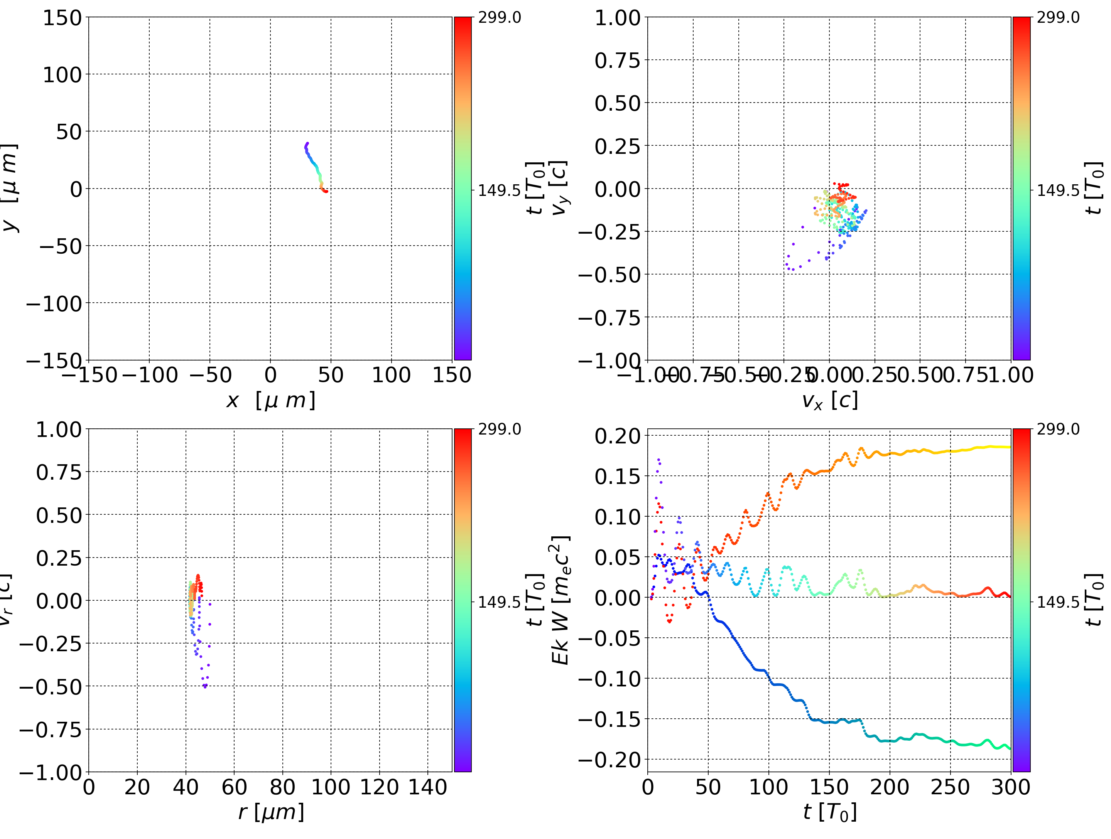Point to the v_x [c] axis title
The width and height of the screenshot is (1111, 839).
829,401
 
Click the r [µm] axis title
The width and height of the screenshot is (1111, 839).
271,812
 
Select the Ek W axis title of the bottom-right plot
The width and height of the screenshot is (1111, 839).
560,600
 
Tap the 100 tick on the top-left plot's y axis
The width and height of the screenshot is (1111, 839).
62,75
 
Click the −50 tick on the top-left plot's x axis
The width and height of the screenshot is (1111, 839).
210,375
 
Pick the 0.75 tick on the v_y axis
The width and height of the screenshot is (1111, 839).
617,60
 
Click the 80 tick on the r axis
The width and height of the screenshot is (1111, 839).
282,787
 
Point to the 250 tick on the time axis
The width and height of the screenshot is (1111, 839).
950,787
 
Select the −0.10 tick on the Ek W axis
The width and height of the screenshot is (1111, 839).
609,679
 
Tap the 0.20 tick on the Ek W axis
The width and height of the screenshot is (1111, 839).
617,436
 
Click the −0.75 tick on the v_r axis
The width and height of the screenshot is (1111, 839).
50,729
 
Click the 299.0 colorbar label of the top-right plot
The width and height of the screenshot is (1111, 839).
1058,18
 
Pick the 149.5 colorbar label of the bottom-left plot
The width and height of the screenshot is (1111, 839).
499,602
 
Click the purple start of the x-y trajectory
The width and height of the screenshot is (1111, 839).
307,144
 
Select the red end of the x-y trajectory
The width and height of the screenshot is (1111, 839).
326,191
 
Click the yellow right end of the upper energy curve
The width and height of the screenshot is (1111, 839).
1008,447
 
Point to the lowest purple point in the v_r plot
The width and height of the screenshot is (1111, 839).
205,687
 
